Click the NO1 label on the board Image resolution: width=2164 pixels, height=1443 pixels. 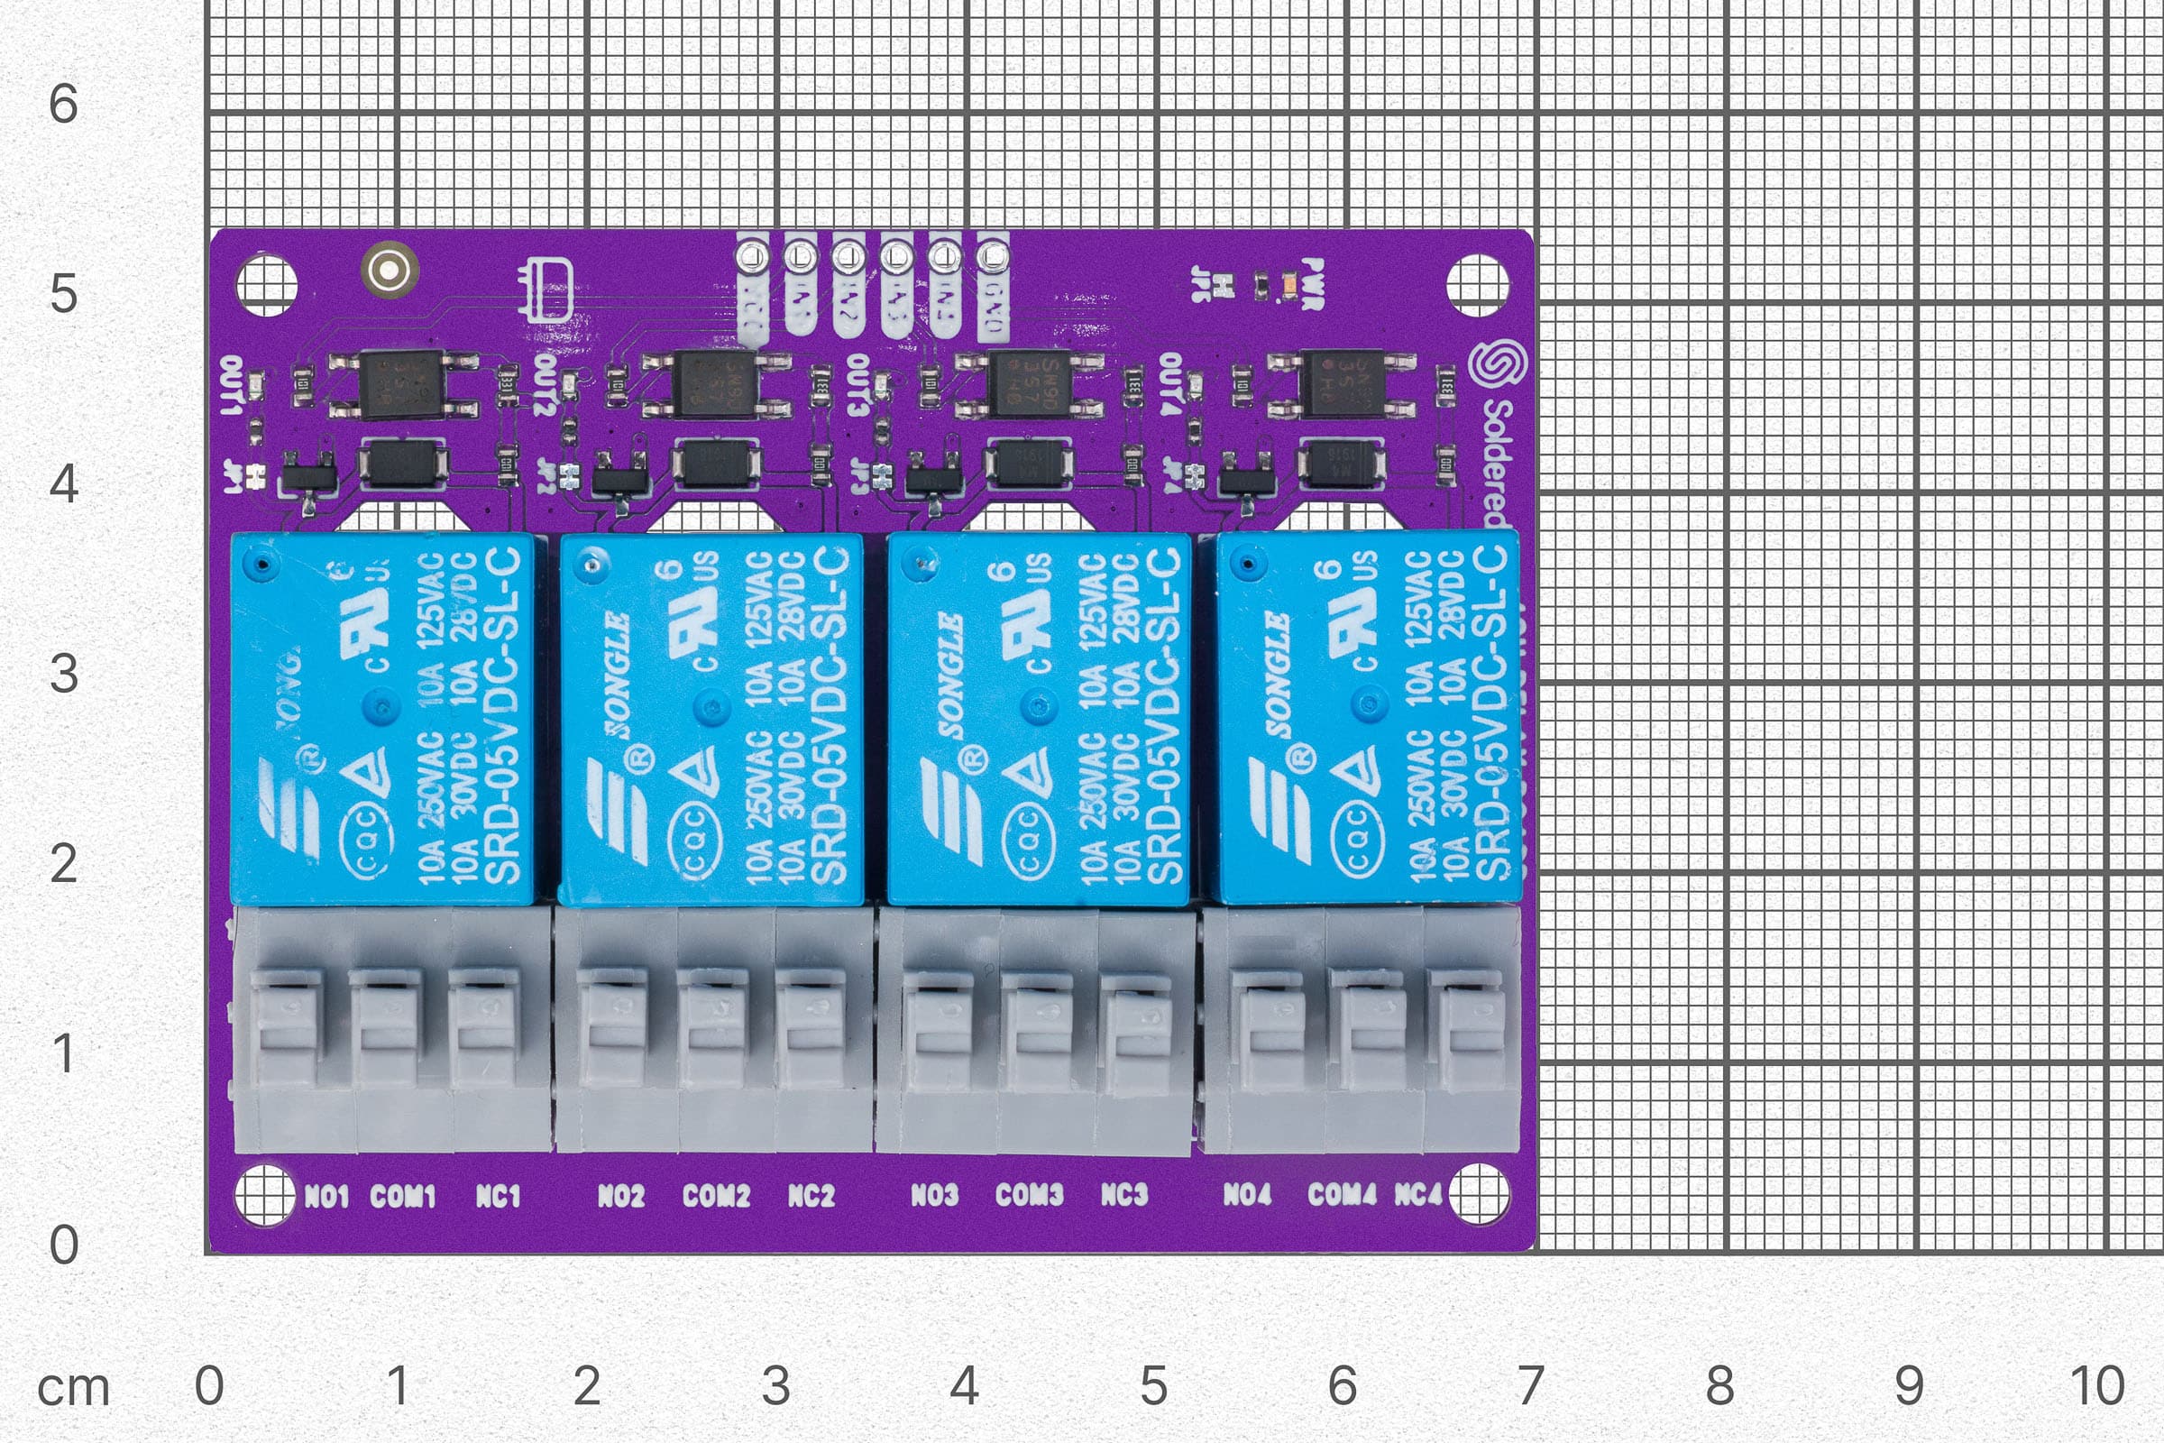(x=326, y=1197)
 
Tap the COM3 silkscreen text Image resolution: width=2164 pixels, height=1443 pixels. (x=1029, y=1194)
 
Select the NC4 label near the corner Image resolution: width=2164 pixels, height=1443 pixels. (x=1417, y=1193)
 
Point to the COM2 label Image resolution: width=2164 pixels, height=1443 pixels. (x=716, y=1196)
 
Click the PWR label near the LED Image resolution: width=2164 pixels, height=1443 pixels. (x=1313, y=284)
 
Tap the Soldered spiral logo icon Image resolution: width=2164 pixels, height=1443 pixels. (x=1497, y=365)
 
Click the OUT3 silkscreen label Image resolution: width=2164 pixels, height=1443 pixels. (x=857, y=384)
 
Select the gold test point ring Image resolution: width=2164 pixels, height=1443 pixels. (x=390, y=270)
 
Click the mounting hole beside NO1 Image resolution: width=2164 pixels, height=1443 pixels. (x=265, y=1194)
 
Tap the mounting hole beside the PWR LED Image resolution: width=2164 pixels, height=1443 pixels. (x=1478, y=285)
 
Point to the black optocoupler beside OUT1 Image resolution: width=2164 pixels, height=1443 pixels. (x=403, y=384)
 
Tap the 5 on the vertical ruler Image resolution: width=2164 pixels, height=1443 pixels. (x=62, y=295)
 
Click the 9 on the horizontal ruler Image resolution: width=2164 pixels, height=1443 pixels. (x=1908, y=1385)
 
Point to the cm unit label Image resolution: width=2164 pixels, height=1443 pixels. (x=74, y=1388)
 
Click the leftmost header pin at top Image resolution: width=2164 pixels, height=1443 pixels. (x=753, y=255)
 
